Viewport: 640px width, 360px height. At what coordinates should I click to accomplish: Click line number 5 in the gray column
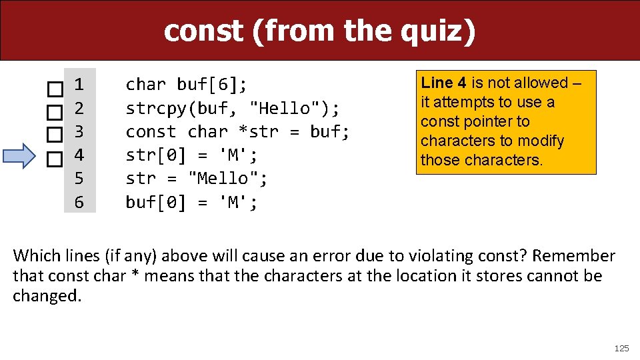(79, 179)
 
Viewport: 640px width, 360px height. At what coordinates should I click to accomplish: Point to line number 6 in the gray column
(79, 202)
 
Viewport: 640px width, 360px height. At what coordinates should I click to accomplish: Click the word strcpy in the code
(156, 108)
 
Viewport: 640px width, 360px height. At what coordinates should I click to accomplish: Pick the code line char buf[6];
(187, 85)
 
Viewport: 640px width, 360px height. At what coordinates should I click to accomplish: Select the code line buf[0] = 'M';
(191, 202)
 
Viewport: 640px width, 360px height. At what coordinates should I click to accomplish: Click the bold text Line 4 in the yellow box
(443, 83)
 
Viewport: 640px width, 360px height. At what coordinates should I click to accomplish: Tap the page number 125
(621, 348)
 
